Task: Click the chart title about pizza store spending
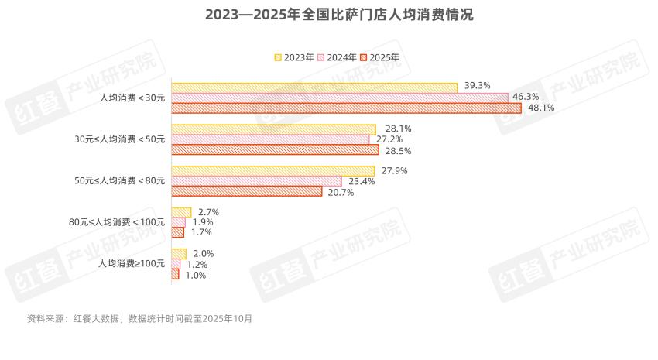(x=328, y=15)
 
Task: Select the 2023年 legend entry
(x=294, y=57)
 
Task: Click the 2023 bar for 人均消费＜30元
(x=314, y=87)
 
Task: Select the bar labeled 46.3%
(x=339, y=98)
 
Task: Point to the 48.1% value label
(x=541, y=108)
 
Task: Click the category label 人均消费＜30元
(x=132, y=98)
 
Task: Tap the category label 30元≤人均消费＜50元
(x=119, y=139)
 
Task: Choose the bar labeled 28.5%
(x=275, y=149)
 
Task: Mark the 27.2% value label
(x=389, y=139)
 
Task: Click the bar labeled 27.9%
(x=272, y=171)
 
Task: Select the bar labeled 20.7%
(x=246, y=191)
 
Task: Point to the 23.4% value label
(x=362, y=181)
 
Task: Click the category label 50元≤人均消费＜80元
(x=119, y=181)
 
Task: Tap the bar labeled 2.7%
(x=181, y=212)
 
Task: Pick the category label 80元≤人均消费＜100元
(x=117, y=222)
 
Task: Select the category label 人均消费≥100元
(x=132, y=264)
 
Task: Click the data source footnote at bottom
(x=139, y=318)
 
